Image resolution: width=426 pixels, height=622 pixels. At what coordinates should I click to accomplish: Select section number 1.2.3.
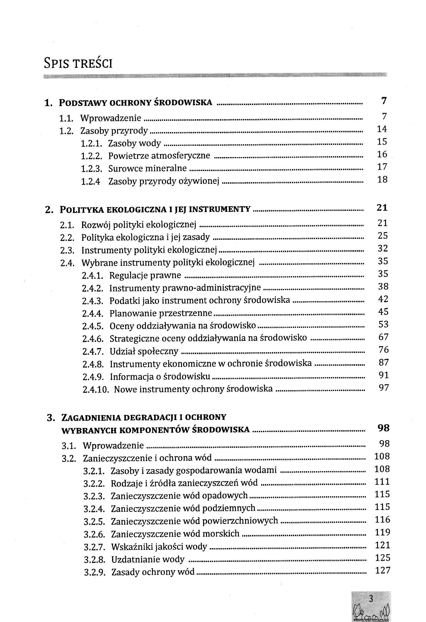pos(92,169)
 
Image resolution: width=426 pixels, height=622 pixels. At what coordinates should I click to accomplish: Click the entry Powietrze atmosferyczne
pos(159,156)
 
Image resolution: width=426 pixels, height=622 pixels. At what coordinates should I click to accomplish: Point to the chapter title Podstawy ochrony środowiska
pos(136,103)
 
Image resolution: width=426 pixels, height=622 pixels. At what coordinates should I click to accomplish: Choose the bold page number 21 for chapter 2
pos(382,208)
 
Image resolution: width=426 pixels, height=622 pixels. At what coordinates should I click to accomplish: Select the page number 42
pos(383,299)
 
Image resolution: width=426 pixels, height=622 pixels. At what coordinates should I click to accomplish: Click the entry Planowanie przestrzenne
pos(161,313)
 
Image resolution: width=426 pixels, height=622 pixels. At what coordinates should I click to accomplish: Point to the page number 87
pos(384,362)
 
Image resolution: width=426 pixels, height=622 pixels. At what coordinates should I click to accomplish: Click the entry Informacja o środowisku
pos(160,377)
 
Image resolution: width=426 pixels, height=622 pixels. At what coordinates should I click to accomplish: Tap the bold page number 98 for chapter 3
pos(383,428)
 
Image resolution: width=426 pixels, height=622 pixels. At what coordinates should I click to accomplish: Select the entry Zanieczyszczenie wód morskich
pos(175,534)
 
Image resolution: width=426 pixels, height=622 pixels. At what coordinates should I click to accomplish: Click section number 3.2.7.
pos(94,547)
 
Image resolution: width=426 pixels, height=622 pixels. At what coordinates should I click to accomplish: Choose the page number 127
pos(383,570)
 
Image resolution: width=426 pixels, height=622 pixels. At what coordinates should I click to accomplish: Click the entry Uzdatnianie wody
pos(148,559)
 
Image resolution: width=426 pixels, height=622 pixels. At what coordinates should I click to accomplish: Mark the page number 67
pos(383,337)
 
